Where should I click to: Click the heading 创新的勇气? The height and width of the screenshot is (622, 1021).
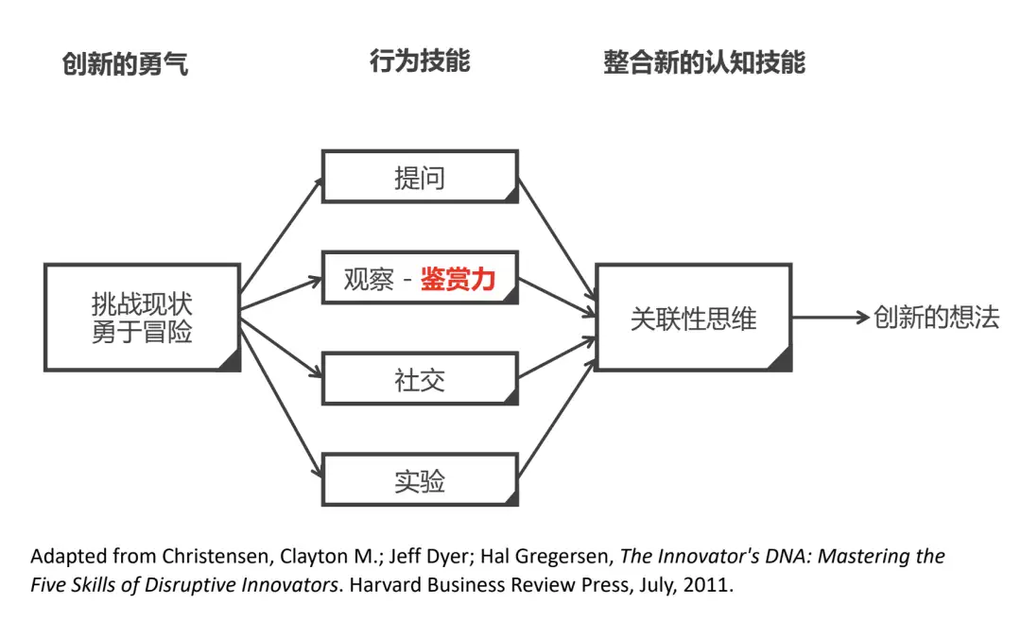click(x=125, y=64)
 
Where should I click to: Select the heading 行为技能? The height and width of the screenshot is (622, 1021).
click(x=420, y=62)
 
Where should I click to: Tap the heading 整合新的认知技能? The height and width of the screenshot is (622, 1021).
click(x=704, y=63)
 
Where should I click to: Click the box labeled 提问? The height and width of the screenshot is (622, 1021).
click(x=420, y=177)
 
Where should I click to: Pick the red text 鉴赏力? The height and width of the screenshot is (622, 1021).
click(x=458, y=279)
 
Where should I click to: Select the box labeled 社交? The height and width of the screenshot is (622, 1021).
click(x=420, y=380)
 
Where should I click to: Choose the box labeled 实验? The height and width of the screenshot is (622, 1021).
click(x=420, y=481)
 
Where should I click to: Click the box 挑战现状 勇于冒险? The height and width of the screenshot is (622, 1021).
click(x=142, y=318)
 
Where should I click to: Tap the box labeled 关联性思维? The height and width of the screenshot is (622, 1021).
click(x=693, y=318)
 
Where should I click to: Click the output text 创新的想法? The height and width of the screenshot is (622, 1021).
click(x=936, y=318)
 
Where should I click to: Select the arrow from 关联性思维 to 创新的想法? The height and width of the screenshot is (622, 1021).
click(x=830, y=318)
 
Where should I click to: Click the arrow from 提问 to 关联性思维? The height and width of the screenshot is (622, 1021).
click(x=556, y=244)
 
